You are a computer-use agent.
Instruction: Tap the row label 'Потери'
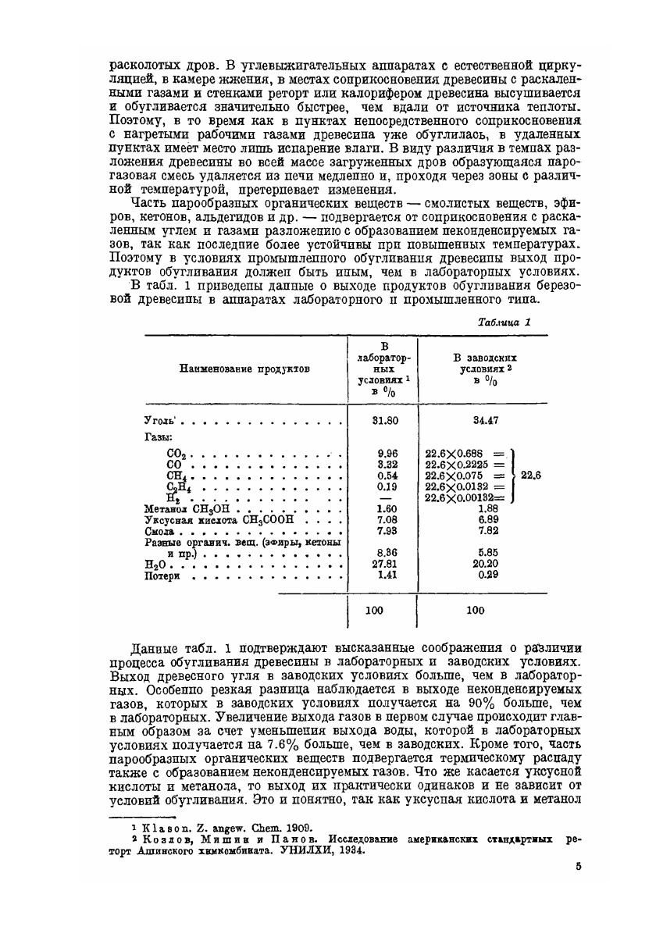coord(163,576)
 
